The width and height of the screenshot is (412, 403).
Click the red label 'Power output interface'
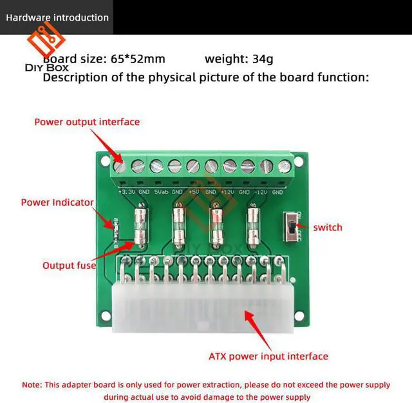[86, 121]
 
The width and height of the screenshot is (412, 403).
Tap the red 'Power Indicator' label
[57, 202]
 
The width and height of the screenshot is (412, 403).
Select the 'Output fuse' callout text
[69, 265]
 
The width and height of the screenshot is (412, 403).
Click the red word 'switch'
[328, 227]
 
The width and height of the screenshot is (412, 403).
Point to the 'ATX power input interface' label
[268, 356]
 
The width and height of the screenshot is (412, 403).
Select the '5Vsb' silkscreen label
[161, 192]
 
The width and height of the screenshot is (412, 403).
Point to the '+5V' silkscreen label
[194, 192]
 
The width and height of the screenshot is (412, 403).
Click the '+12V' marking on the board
[228, 192]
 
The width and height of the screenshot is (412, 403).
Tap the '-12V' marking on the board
[261, 192]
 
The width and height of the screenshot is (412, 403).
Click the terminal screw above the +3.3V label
[119, 166]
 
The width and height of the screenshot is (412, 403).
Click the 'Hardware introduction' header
[57, 17]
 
